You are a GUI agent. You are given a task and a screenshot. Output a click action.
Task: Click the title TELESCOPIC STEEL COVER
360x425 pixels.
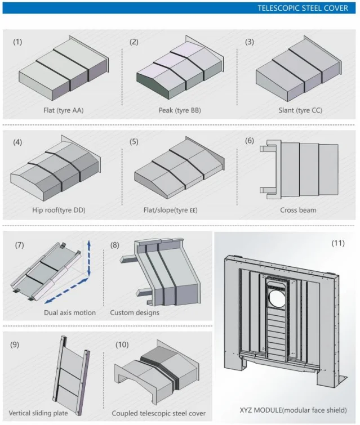click(x=303, y=8)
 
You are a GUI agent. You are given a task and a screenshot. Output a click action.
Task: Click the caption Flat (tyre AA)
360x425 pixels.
click(x=64, y=110)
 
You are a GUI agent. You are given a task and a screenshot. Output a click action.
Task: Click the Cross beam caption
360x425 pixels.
click(x=298, y=210)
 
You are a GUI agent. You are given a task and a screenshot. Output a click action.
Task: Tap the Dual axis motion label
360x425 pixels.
click(x=70, y=312)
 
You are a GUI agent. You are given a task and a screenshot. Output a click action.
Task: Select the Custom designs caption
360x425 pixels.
click(x=135, y=312)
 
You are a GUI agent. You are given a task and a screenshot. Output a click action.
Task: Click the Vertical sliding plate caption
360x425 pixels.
click(x=38, y=413)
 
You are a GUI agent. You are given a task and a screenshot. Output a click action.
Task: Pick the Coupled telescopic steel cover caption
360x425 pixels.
click(x=158, y=413)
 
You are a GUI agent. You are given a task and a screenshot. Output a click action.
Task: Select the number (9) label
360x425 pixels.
click(x=15, y=345)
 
